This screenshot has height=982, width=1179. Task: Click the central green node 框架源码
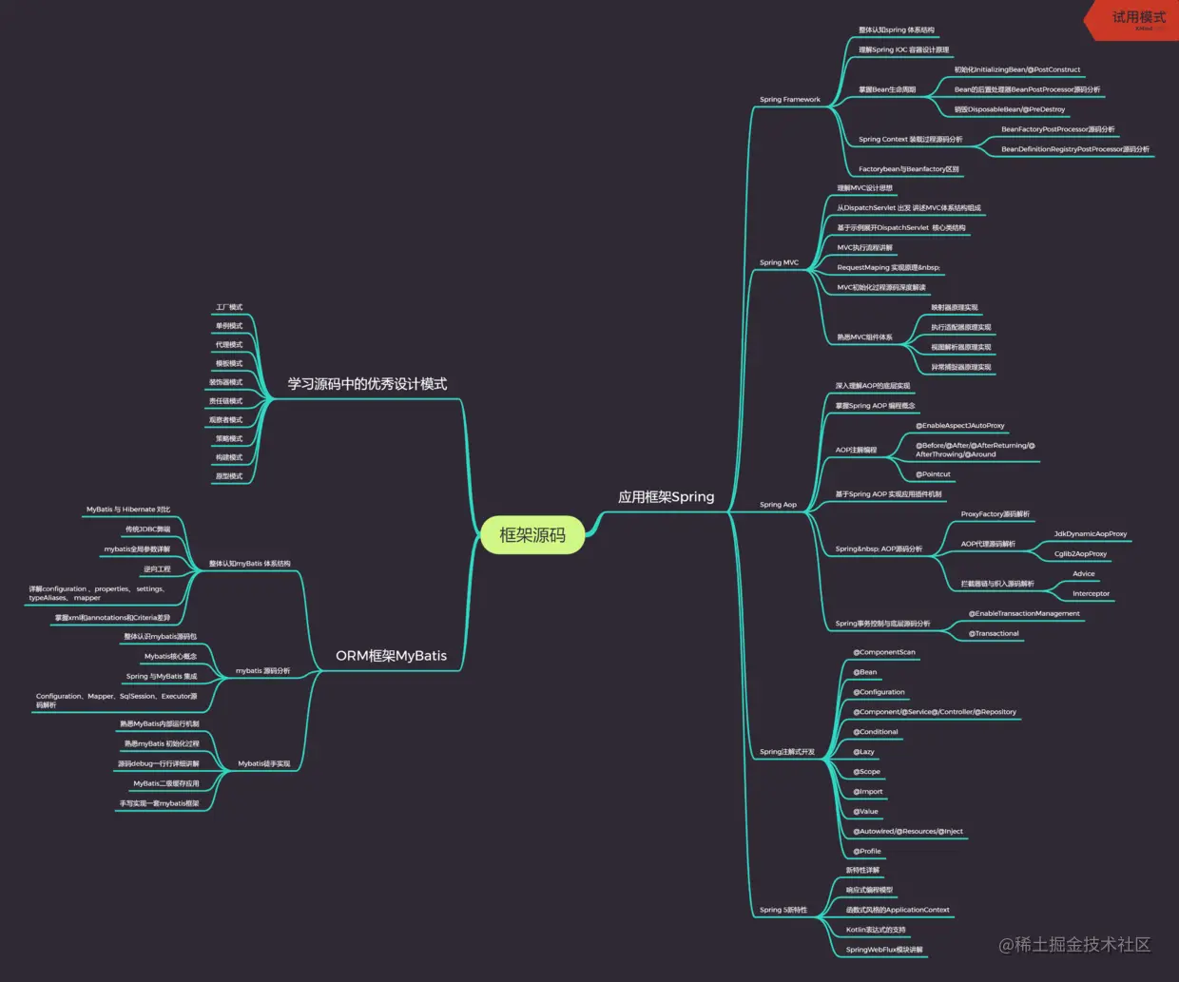[532, 535]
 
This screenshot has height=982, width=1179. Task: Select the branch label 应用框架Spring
[666, 497]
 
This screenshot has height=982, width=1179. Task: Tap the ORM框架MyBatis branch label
[391, 656]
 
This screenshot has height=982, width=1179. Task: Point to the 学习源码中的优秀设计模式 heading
[367, 384]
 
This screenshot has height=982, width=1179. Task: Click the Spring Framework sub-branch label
[789, 100]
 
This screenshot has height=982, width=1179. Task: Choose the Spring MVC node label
[779, 262]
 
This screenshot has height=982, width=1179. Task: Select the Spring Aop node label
[778, 505]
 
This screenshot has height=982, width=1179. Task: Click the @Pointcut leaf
[933, 474]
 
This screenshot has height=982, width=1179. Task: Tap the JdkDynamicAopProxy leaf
[1090, 534]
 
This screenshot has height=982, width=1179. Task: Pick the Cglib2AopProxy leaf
[1080, 554]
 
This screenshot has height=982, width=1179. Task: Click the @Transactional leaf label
[994, 634]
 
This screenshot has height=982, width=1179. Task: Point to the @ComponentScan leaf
[883, 653]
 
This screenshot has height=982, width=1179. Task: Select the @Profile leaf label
[866, 852]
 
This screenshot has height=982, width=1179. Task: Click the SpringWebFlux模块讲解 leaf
[884, 950]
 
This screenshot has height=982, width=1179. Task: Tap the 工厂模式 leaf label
[229, 308]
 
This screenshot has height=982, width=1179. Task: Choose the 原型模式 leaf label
[229, 476]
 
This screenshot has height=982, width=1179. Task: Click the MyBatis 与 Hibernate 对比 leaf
[128, 510]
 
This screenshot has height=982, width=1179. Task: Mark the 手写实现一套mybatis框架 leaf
[159, 804]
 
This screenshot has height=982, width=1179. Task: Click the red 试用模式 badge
[1137, 18]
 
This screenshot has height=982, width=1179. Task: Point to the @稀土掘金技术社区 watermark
[1074, 944]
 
